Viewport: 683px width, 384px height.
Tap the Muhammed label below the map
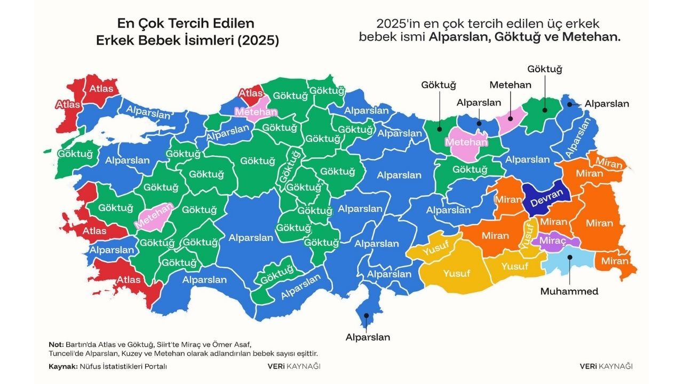click(x=569, y=291)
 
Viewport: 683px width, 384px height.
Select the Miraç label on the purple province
click(x=552, y=241)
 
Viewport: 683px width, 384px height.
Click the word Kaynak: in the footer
click(x=62, y=366)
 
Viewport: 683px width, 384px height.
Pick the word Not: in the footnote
click(x=56, y=343)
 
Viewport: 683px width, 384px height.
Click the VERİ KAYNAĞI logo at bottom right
click(x=606, y=366)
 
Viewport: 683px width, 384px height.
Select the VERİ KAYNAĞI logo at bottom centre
click(x=294, y=366)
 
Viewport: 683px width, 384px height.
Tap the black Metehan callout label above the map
click(x=511, y=85)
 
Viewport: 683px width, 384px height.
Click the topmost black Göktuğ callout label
click(x=545, y=69)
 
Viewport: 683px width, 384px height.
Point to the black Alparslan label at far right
click(x=607, y=103)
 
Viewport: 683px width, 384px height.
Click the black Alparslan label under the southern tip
click(x=368, y=337)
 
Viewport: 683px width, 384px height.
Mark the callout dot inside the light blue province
click(x=570, y=257)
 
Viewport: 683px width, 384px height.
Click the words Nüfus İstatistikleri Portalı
click(x=123, y=366)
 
